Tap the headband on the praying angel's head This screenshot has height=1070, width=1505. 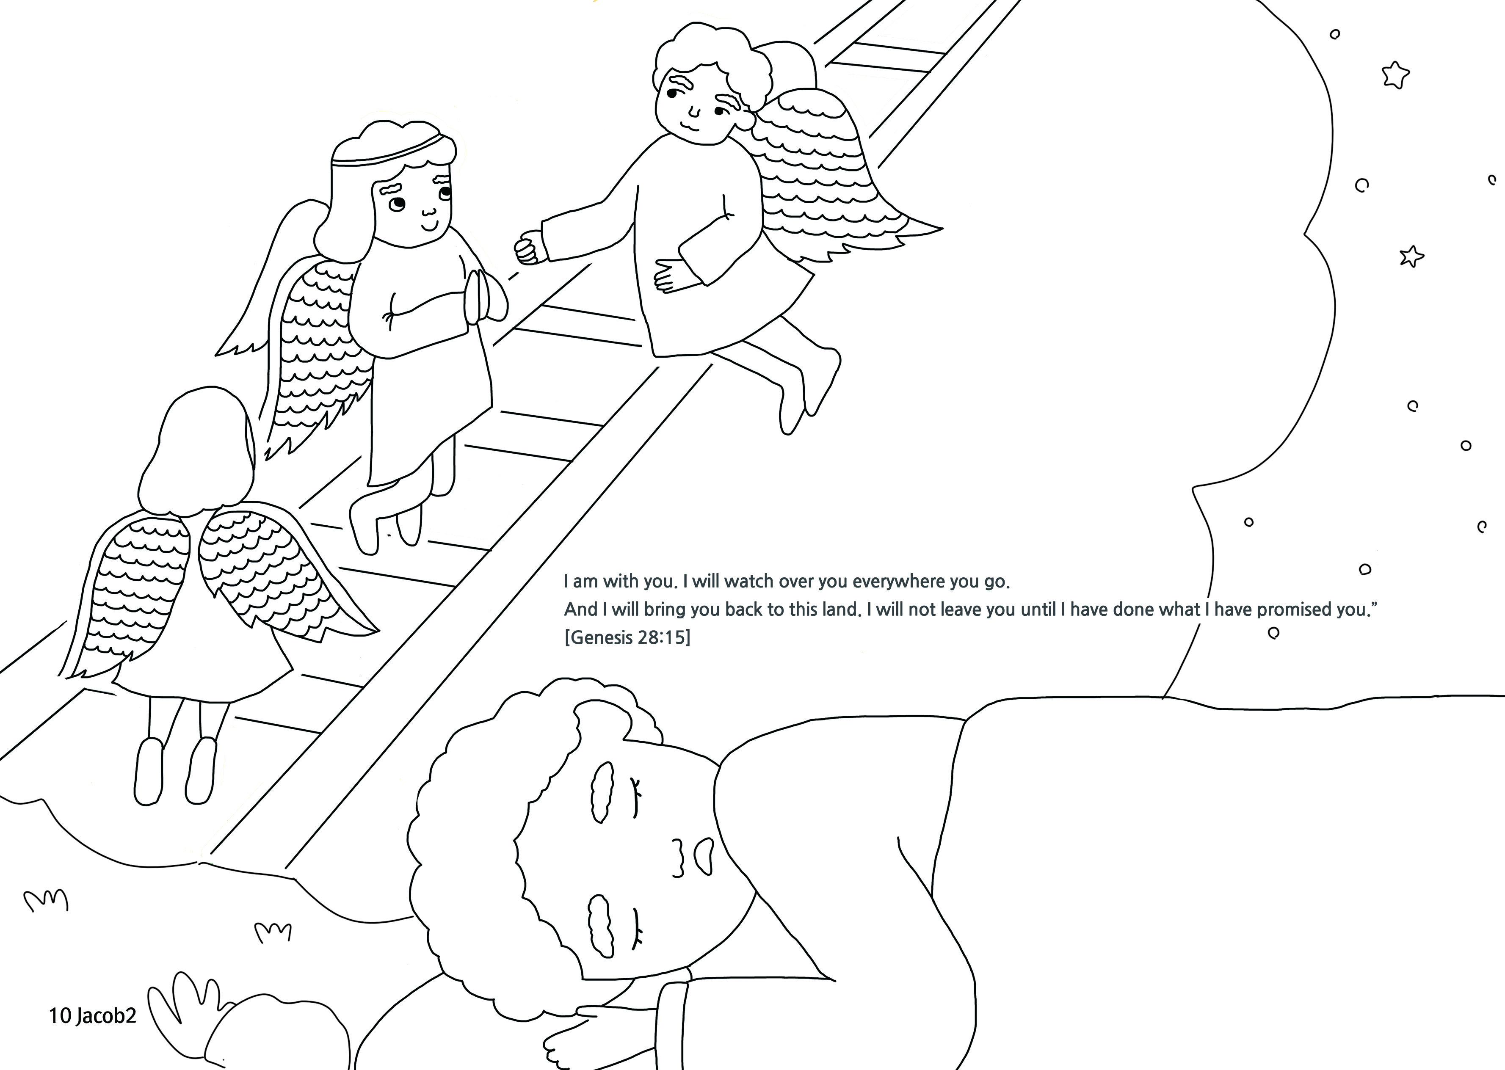point(393,152)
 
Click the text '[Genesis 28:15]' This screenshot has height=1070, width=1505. point(627,638)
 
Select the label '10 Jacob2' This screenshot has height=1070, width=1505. point(92,1016)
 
